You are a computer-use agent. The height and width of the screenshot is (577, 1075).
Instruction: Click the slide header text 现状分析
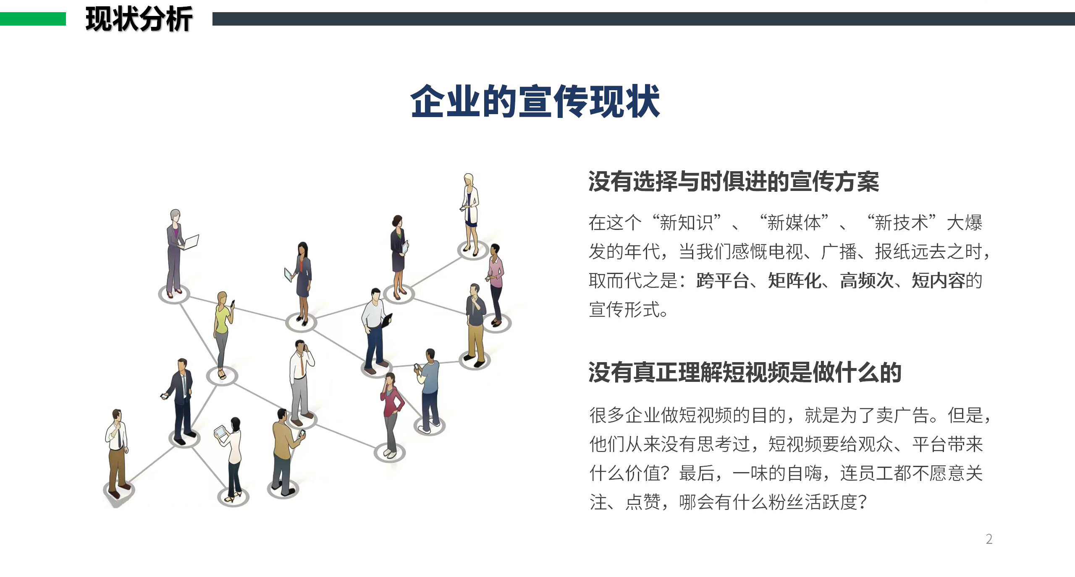coord(139,19)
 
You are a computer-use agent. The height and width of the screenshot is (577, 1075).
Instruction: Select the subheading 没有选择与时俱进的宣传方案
coord(734,182)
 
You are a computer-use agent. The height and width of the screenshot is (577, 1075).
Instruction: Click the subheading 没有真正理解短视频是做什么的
coord(745,372)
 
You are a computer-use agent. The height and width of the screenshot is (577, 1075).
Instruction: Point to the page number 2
coord(989,539)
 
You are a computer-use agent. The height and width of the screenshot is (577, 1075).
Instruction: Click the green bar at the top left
coord(33,19)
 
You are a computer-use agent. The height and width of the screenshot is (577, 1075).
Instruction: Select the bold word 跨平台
coord(723,281)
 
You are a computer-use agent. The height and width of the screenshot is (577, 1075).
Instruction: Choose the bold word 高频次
coord(866,281)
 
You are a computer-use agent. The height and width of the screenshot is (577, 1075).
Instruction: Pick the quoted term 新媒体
coord(794,222)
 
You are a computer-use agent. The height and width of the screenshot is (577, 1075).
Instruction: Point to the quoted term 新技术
coord(902,222)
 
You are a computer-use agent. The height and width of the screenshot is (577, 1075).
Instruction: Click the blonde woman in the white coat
coord(470,210)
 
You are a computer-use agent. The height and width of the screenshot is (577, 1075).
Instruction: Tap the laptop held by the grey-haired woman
coord(191,242)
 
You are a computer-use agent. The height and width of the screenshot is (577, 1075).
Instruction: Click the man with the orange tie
coord(301,378)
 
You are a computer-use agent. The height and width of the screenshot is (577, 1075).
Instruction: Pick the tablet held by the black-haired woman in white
coord(220,431)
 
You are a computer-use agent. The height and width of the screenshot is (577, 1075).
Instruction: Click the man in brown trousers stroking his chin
coord(117,449)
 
